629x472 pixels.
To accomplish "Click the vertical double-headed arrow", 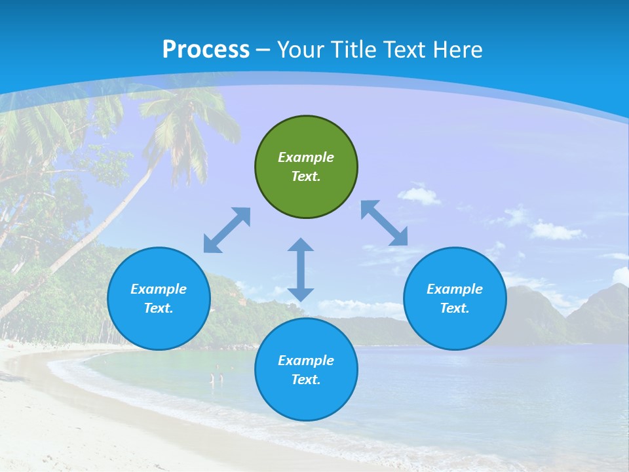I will [301, 269].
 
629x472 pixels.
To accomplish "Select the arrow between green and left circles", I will [227, 230].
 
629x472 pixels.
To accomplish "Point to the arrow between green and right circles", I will [385, 223].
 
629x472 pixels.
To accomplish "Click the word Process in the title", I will [206, 49].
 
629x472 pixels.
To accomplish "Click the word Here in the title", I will [458, 49].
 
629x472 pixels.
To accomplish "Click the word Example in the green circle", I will [306, 157].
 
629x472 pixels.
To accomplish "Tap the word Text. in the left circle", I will [159, 308].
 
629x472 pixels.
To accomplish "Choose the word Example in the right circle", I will [455, 289].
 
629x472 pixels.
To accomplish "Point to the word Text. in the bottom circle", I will [306, 380].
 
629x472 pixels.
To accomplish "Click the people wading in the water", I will [216, 378].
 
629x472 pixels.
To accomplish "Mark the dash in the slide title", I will [263, 50].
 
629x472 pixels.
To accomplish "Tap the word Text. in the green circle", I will [306, 176].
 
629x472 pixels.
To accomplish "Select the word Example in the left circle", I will [159, 289].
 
